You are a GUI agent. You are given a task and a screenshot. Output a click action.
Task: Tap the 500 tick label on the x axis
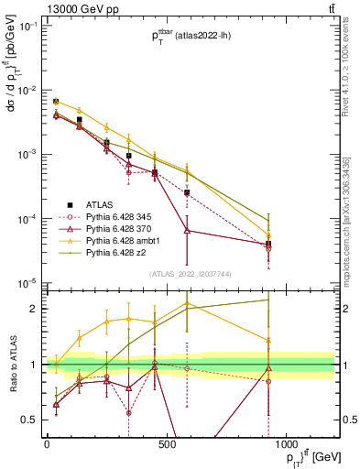click(x=167, y=444)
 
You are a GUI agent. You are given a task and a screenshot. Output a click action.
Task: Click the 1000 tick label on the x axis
click(x=287, y=444)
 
